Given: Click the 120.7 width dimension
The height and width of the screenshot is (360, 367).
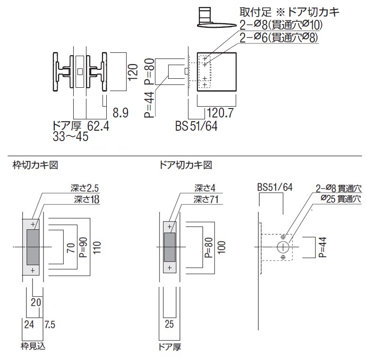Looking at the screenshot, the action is pyautogui.click(x=220, y=113).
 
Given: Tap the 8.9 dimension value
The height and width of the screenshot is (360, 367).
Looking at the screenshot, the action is pyautogui.click(x=120, y=113).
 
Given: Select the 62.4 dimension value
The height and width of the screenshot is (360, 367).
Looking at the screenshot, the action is pyautogui.click(x=98, y=126).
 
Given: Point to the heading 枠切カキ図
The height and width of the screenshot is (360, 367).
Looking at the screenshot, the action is pyautogui.click(x=35, y=165).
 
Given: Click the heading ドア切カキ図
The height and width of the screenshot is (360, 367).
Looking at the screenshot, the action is pyautogui.click(x=186, y=165).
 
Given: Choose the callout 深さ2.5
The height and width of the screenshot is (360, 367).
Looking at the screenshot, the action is pyautogui.click(x=85, y=188).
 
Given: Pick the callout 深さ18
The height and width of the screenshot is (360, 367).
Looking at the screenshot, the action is pyautogui.click(x=86, y=200).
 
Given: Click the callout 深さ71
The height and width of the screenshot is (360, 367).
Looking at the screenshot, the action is pyautogui.click(x=206, y=200).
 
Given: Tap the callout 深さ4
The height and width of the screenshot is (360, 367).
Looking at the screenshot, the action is pyautogui.click(x=205, y=188).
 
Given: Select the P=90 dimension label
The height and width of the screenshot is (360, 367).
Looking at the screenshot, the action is pyautogui.click(x=84, y=247).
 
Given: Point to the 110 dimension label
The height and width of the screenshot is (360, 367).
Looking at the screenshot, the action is pyautogui.click(x=97, y=247).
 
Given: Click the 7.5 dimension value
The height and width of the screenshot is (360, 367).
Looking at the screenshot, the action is pyautogui.click(x=50, y=325).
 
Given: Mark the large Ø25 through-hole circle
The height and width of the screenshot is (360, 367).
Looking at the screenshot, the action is pyautogui.click(x=283, y=247).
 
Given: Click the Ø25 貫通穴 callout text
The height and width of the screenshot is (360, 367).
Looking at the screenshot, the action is pyautogui.click(x=341, y=199).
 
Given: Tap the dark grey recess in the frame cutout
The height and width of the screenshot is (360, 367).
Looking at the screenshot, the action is pyautogui.click(x=33, y=247).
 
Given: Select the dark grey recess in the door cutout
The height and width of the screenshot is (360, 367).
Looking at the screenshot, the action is pyautogui.click(x=170, y=247).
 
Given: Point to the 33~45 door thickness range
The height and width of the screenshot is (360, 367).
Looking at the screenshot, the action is pyautogui.click(x=70, y=137).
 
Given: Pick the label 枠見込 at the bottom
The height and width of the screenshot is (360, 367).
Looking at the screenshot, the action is pyautogui.click(x=33, y=346).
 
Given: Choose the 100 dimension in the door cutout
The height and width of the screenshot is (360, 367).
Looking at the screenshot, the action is pyautogui.click(x=222, y=247).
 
